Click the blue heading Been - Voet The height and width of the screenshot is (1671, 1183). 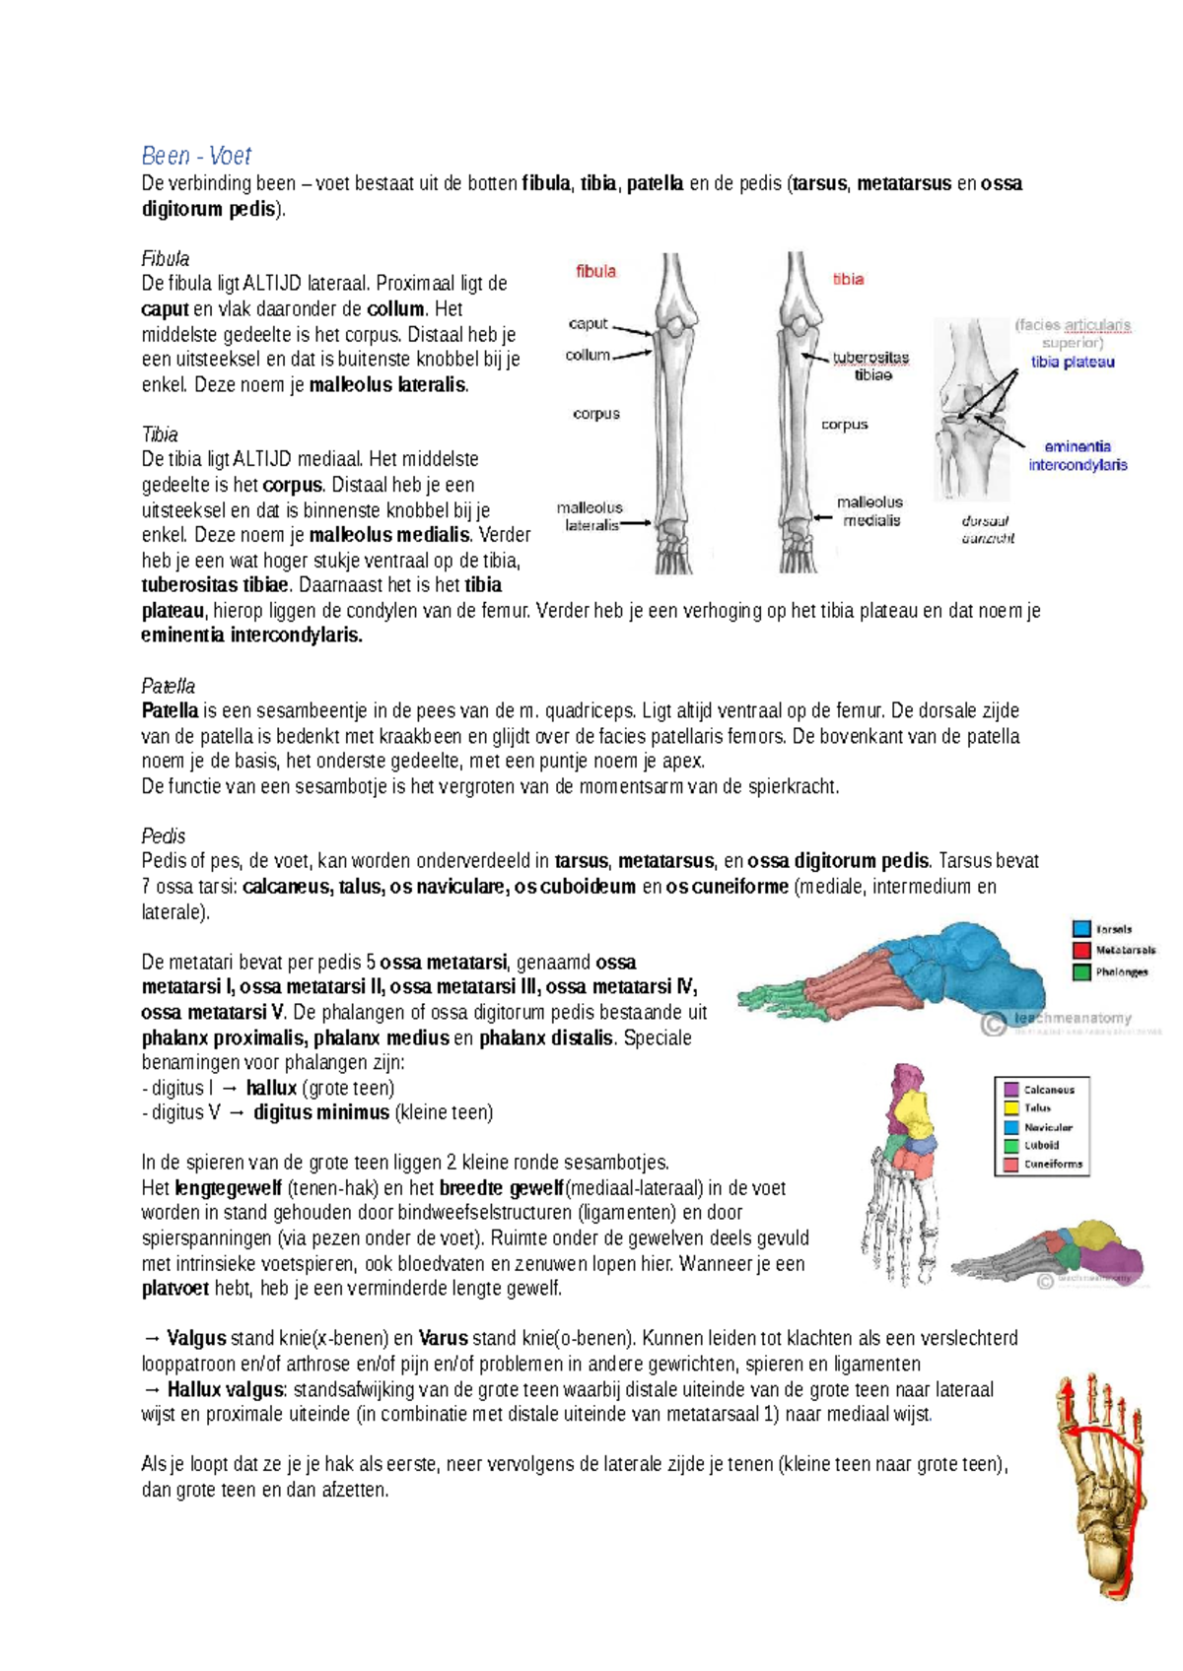coord(196,156)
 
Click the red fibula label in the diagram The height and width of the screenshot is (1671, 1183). coord(595,271)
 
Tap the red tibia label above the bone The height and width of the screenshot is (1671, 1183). coord(848,279)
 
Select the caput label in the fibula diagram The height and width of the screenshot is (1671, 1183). coord(588,323)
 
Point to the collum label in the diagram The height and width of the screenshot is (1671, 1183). coord(588,355)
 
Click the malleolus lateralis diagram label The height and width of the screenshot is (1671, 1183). coord(591,516)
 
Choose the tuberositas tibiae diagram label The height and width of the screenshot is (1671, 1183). coord(871,366)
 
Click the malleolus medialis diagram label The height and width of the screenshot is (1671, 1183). coord(870,510)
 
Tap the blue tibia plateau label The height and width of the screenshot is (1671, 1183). coord(1073,362)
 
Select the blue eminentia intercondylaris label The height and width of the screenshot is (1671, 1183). coord(1078,455)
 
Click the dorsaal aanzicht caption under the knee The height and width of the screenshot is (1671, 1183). coord(987,529)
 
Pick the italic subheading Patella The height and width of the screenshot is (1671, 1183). coord(168,686)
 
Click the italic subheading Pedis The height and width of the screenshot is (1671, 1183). coord(163,835)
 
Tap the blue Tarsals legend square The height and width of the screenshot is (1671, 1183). coord(1081,928)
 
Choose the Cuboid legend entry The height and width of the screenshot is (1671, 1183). coord(1041,1145)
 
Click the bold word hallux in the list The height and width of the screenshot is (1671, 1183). coord(271,1088)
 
